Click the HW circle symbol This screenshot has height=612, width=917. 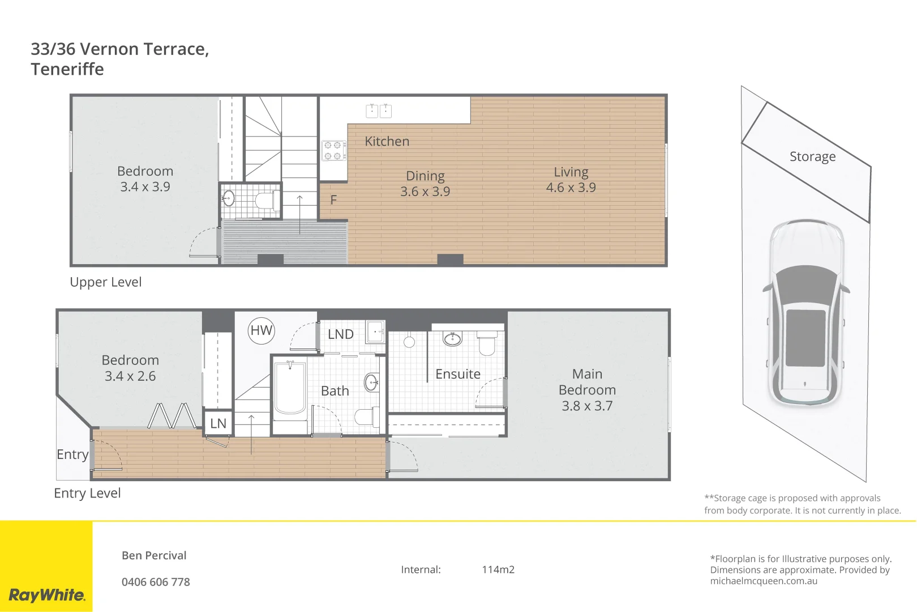(x=262, y=330)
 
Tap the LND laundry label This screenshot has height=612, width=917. (x=340, y=334)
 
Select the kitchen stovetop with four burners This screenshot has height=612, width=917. (x=334, y=151)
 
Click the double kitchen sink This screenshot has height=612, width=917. (x=379, y=110)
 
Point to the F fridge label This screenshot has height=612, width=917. (x=333, y=200)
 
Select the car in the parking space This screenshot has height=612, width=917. (x=806, y=312)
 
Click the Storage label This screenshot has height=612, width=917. (x=812, y=156)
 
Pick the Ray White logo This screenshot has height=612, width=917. (x=46, y=595)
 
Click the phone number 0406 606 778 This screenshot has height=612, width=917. (x=156, y=582)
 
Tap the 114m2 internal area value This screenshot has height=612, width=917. (x=498, y=569)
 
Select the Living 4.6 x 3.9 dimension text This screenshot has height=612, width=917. (x=571, y=188)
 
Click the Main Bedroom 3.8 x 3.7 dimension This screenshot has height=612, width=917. (x=587, y=406)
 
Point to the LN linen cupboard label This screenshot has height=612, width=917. (x=218, y=423)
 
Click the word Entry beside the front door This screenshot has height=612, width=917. (x=72, y=454)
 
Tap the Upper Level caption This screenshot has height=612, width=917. (x=106, y=282)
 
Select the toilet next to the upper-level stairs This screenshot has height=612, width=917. (x=265, y=200)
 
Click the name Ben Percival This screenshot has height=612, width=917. (x=154, y=555)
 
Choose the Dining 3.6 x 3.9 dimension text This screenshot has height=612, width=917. (x=425, y=192)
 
